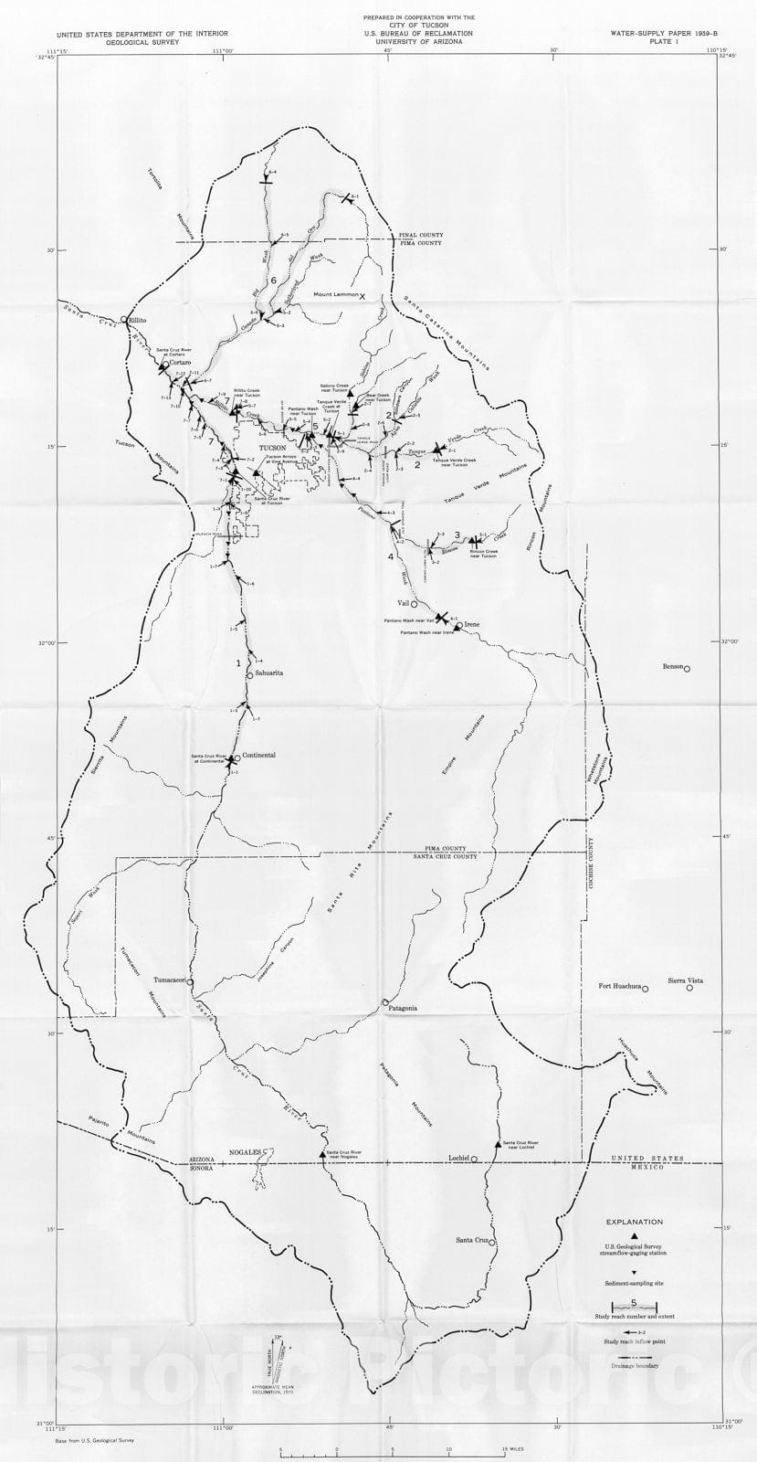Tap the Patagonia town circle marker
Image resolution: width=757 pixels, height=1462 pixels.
coord(385,1001)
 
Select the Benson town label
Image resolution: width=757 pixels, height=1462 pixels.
coord(673,666)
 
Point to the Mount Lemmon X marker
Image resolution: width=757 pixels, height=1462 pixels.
coord(363,296)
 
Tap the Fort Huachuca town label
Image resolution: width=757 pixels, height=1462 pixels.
coord(619,986)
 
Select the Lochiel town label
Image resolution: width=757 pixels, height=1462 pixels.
coord(457,1158)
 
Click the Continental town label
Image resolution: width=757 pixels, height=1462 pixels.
coord(258,756)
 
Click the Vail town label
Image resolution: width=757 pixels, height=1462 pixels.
coord(403,604)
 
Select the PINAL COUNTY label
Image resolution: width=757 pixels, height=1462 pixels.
coord(420,236)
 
